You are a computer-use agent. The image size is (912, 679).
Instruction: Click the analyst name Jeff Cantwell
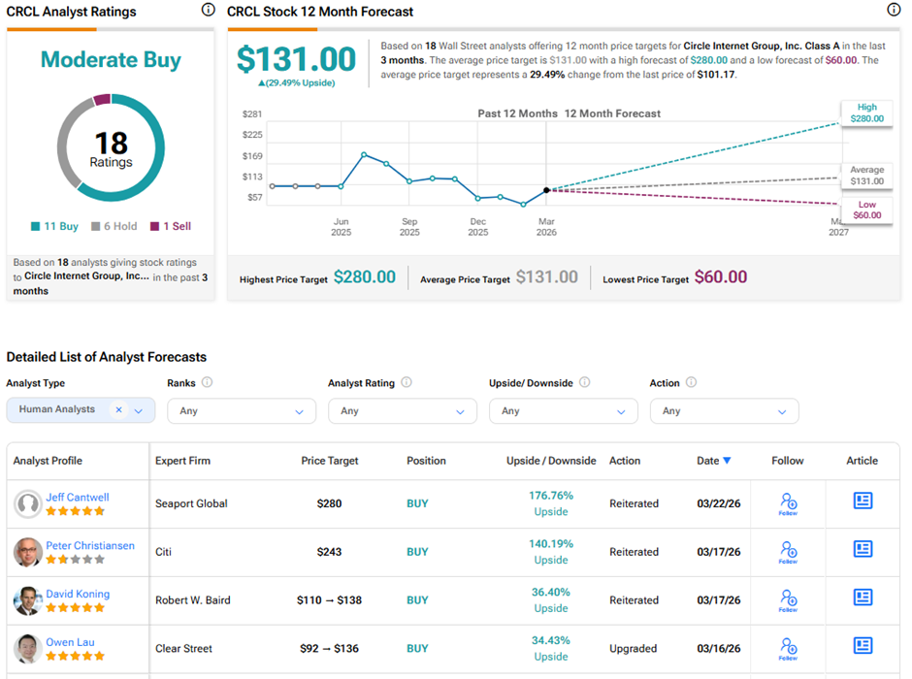[78, 497]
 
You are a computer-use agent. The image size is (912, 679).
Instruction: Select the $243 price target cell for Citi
[330, 552]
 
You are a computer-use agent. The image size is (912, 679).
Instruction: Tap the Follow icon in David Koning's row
[788, 599]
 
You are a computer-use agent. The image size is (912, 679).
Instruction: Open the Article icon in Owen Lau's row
[863, 646]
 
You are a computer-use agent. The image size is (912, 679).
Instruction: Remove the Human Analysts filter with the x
[119, 410]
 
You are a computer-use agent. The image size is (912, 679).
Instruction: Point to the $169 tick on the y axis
[252, 155]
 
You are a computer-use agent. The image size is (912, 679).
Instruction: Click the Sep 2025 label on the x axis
[409, 227]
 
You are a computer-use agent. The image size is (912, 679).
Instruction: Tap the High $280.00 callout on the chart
[867, 113]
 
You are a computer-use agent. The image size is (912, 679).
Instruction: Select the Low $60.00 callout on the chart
[867, 210]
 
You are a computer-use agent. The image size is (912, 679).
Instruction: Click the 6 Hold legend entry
[114, 226]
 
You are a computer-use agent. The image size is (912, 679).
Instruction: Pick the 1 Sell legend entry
[170, 226]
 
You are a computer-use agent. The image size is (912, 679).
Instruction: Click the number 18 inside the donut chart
[111, 144]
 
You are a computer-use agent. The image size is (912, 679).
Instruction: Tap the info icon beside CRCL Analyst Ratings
[208, 10]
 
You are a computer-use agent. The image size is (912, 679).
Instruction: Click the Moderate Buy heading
[111, 60]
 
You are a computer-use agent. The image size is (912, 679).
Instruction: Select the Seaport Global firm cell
[191, 503]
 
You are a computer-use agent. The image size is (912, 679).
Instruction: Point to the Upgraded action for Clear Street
[635, 648]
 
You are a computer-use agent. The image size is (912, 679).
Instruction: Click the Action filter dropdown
[724, 411]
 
